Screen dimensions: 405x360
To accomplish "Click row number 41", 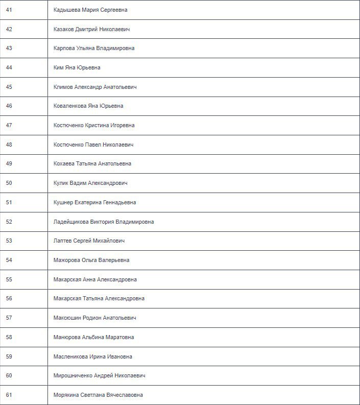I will coord(9,10).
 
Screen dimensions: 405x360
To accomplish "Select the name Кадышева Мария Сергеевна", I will coord(90,10).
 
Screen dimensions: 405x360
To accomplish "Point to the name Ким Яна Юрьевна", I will coord(77,68).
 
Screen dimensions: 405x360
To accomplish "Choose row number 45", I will coord(9,87).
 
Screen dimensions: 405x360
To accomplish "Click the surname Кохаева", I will coord(64,164).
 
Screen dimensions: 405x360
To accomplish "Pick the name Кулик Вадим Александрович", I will coord(90,183).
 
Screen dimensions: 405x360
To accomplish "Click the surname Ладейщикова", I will coord(71,222).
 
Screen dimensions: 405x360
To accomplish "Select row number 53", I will coord(9,241).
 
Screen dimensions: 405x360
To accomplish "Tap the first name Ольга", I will coord(90,260).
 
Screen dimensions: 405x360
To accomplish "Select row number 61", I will coord(9,395).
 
